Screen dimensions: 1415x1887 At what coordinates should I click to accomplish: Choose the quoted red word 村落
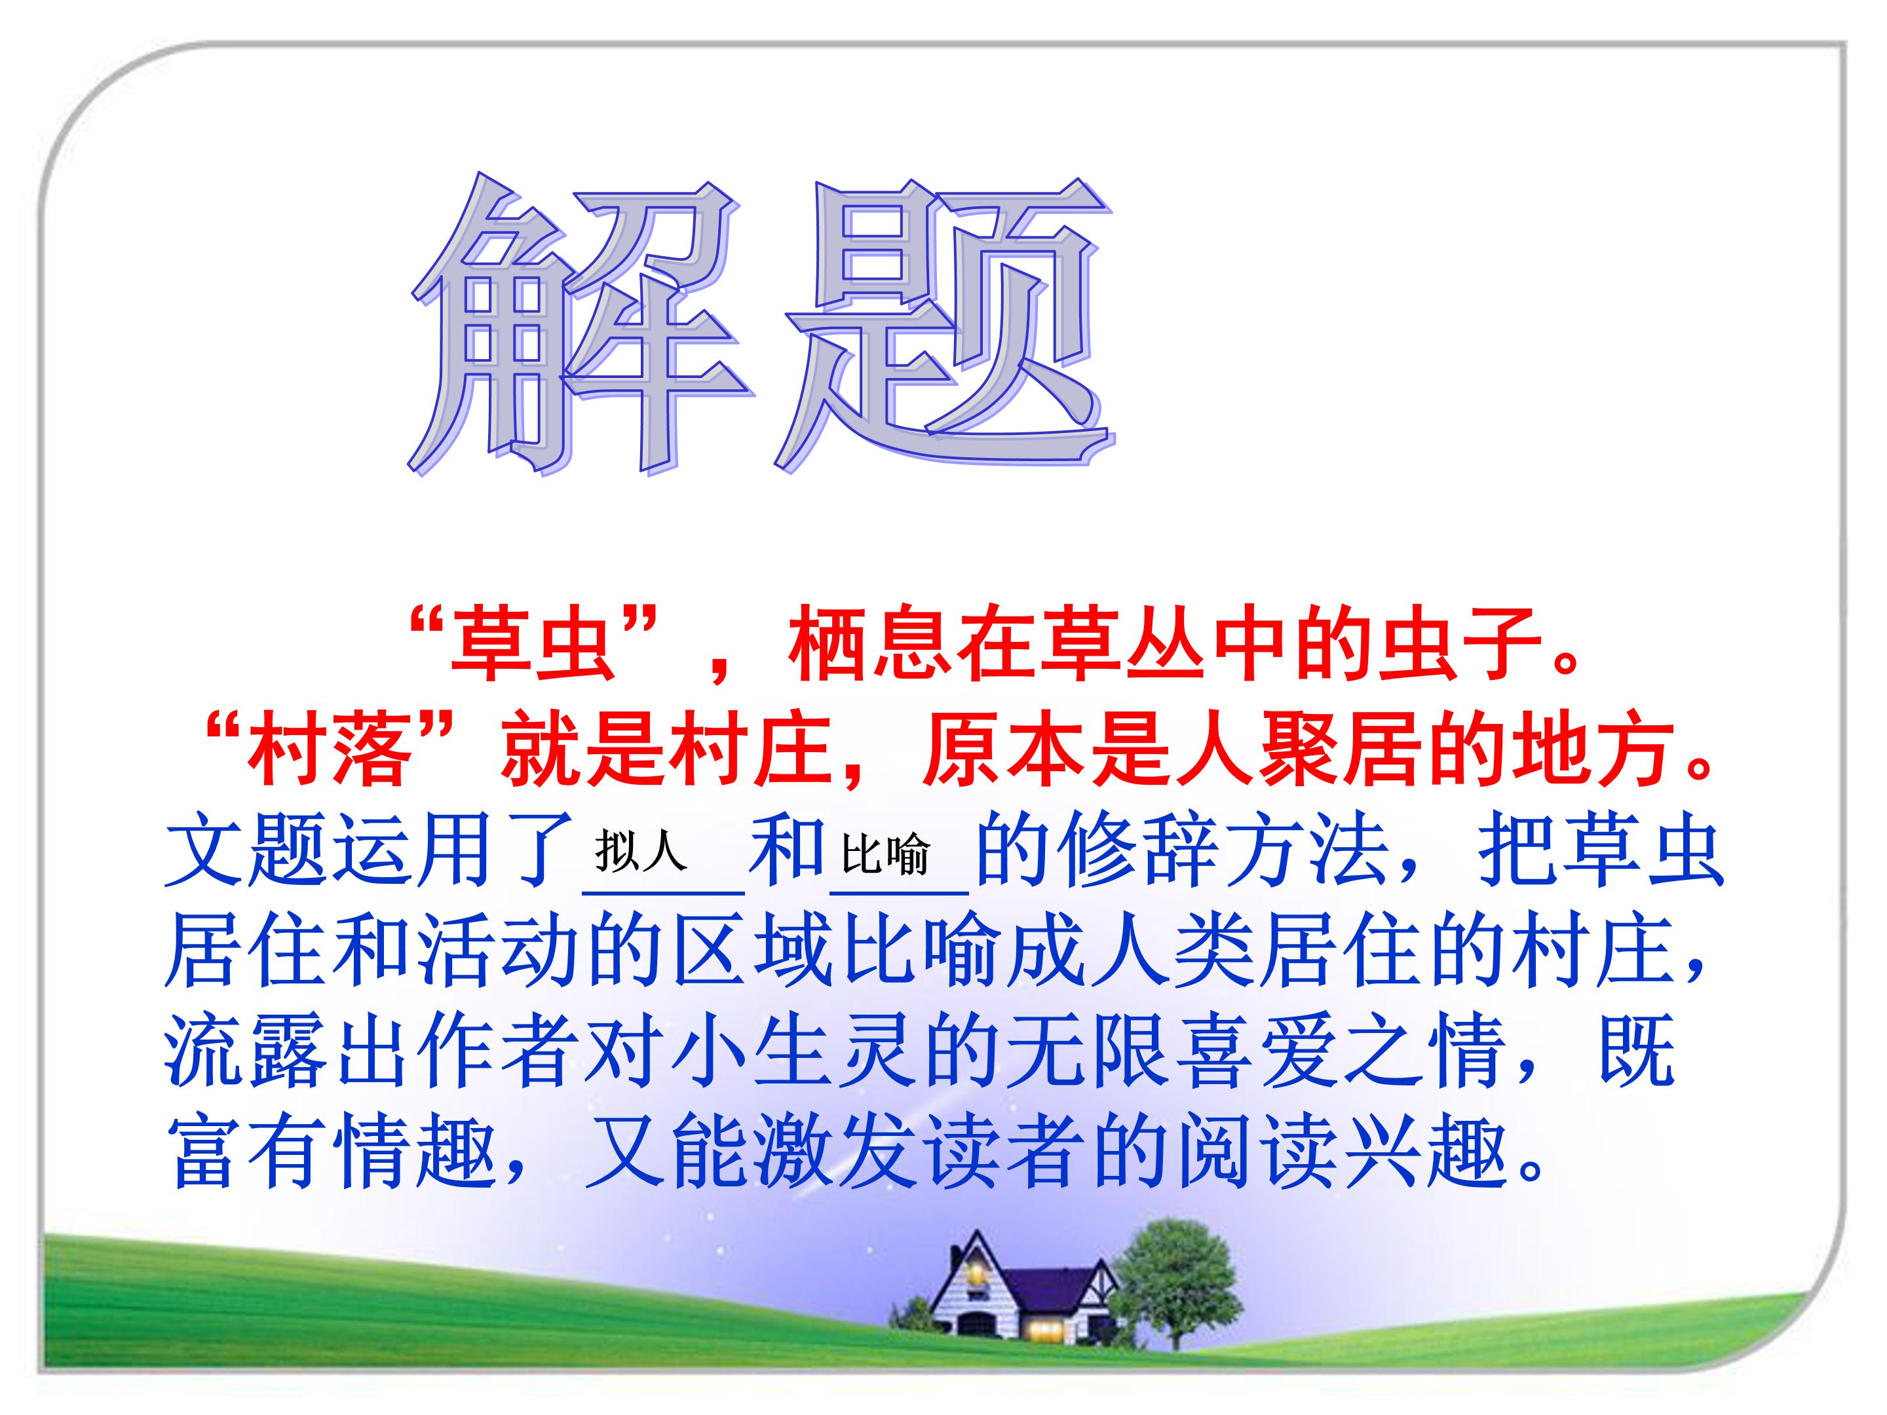(328, 751)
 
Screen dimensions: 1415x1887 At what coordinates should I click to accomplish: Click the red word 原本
(1006, 751)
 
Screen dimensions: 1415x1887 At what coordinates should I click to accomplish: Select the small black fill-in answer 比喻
(885, 854)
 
